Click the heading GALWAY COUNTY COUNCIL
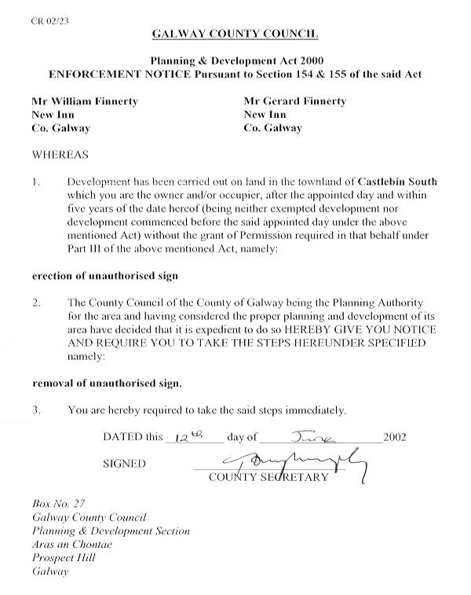(x=235, y=35)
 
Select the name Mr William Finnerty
(x=84, y=101)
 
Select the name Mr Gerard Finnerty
(x=294, y=101)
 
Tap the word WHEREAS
(x=60, y=155)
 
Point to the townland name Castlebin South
(x=397, y=182)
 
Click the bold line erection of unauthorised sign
(x=104, y=276)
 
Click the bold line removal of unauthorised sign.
(x=106, y=384)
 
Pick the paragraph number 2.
(x=36, y=303)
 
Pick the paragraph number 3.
(x=36, y=410)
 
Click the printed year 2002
(x=395, y=437)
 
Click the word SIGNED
(x=124, y=464)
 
